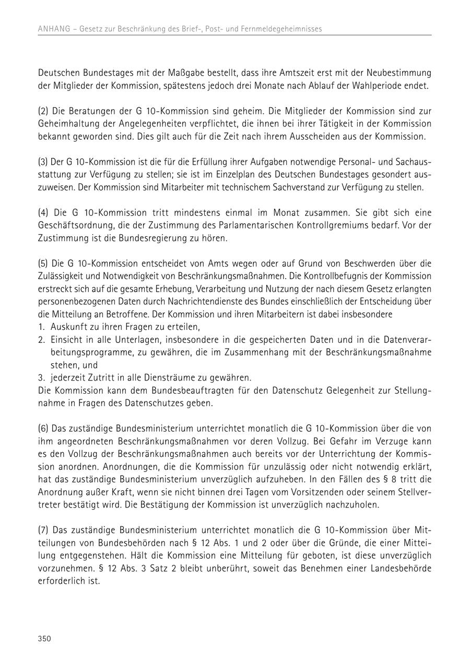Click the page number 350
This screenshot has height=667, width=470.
pos(44,639)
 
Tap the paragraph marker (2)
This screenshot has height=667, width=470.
pos(43,111)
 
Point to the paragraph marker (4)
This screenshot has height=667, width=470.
pos(43,213)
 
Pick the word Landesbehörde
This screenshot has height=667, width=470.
pos(401,568)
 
